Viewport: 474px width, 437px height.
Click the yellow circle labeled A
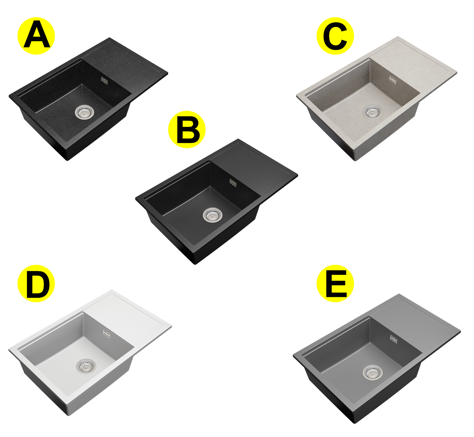coord(36,36)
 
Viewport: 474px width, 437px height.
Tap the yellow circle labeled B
coord(187,129)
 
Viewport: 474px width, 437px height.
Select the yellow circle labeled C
coord(335,36)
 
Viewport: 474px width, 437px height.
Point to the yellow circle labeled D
coord(36,284)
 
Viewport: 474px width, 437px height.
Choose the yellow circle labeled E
coord(335,284)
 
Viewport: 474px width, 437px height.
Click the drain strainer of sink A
coord(84,112)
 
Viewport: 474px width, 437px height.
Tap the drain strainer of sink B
coord(212,215)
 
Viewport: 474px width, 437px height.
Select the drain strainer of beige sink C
coord(372,112)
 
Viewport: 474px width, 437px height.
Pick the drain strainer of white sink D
coord(86,366)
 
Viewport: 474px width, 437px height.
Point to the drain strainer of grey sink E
coord(372,372)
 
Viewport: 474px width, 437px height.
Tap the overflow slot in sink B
coord(233,183)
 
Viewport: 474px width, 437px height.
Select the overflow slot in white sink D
coord(107,334)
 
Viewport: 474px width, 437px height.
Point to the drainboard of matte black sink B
coord(253,169)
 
